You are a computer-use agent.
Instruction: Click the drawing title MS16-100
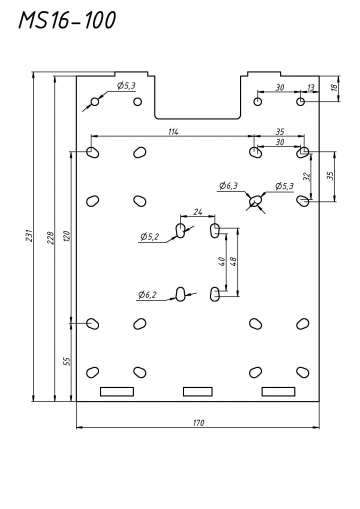point(67,20)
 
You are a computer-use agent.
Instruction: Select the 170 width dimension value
point(199,423)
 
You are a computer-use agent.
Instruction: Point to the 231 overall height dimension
point(30,235)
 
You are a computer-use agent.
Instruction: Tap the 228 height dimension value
point(50,237)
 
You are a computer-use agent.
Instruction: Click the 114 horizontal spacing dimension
point(173,132)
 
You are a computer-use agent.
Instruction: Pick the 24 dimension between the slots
point(198,212)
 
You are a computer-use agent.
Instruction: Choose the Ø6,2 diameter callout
point(147,295)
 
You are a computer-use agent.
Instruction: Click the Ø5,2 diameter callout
point(150,237)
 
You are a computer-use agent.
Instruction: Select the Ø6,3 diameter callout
point(228,186)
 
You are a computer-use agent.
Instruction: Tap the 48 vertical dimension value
point(233,261)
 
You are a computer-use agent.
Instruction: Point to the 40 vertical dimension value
point(222,261)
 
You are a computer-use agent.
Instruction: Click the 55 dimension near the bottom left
point(67,361)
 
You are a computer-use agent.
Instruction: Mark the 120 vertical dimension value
point(67,236)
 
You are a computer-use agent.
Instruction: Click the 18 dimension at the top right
point(334,88)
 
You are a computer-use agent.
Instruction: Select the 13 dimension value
point(310,88)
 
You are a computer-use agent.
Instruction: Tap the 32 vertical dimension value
point(308,176)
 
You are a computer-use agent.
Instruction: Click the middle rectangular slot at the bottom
point(198,392)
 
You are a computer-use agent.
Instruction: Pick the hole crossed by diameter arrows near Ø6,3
point(256,201)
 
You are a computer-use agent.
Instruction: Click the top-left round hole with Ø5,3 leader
point(95,101)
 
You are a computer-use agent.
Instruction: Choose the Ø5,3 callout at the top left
point(126,86)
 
